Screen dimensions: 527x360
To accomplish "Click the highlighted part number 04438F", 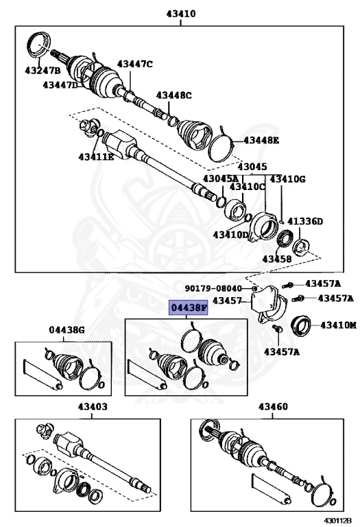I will (x=188, y=309).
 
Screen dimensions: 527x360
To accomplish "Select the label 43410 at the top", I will (x=180, y=13).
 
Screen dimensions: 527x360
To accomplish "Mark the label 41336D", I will (x=304, y=222).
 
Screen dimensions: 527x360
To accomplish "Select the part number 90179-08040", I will (x=213, y=288).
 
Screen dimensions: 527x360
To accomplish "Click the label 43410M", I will (x=339, y=324).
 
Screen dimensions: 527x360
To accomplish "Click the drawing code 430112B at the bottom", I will (x=338, y=521).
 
